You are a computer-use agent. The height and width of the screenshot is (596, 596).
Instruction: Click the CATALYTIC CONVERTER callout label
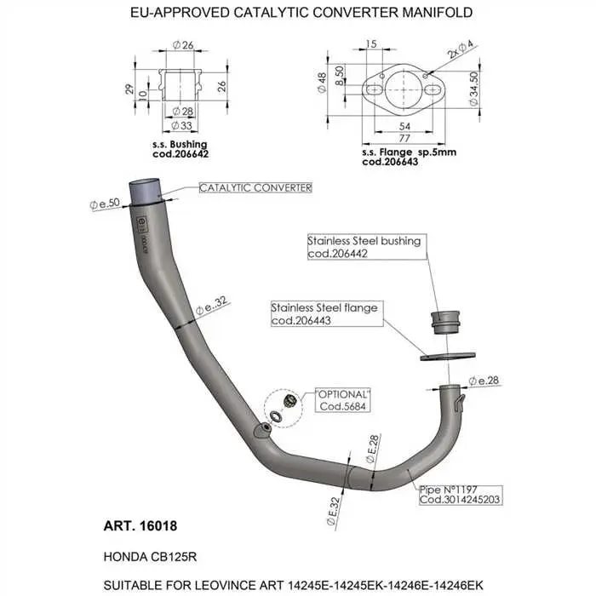click(x=255, y=188)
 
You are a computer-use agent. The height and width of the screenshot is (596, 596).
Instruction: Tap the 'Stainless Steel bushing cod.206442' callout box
click(x=367, y=247)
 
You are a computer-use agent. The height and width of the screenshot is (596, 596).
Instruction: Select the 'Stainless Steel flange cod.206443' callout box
click(x=327, y=313)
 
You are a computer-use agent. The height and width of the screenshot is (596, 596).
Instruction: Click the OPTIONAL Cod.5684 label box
click(x=343, y=400)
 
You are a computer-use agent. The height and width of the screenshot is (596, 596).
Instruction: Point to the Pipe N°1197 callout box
click(x=461, y=495)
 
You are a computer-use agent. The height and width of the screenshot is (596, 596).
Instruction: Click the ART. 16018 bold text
click(x=140, y=526)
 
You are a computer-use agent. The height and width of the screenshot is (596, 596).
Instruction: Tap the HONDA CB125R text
click(x=150, y=557)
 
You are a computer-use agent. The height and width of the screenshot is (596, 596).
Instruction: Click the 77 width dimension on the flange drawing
click(x=404, y=138)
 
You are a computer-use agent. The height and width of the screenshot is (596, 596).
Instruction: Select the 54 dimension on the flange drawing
click(x=404, y=126)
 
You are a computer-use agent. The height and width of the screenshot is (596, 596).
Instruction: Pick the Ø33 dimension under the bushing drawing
click(x=182, y=125)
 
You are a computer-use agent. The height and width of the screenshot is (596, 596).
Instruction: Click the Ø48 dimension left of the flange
click(x=322, y=83)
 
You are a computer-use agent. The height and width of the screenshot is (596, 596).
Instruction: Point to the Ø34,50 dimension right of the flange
click(x=473, y=89)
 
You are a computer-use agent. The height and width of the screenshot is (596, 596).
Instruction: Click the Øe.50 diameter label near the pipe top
click(x=105, y=203)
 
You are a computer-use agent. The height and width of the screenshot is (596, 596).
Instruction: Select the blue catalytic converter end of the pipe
click(x=145, y=192)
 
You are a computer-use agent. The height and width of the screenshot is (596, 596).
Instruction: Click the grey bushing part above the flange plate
click(x=445, y=323)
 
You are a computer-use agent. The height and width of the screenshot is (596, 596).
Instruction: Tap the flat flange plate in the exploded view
click(x=448, y=357)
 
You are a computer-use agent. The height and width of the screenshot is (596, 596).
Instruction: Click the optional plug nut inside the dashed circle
click(x=290, y=401)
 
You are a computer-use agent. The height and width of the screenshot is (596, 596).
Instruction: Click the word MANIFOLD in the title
click(x=437, y=13)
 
